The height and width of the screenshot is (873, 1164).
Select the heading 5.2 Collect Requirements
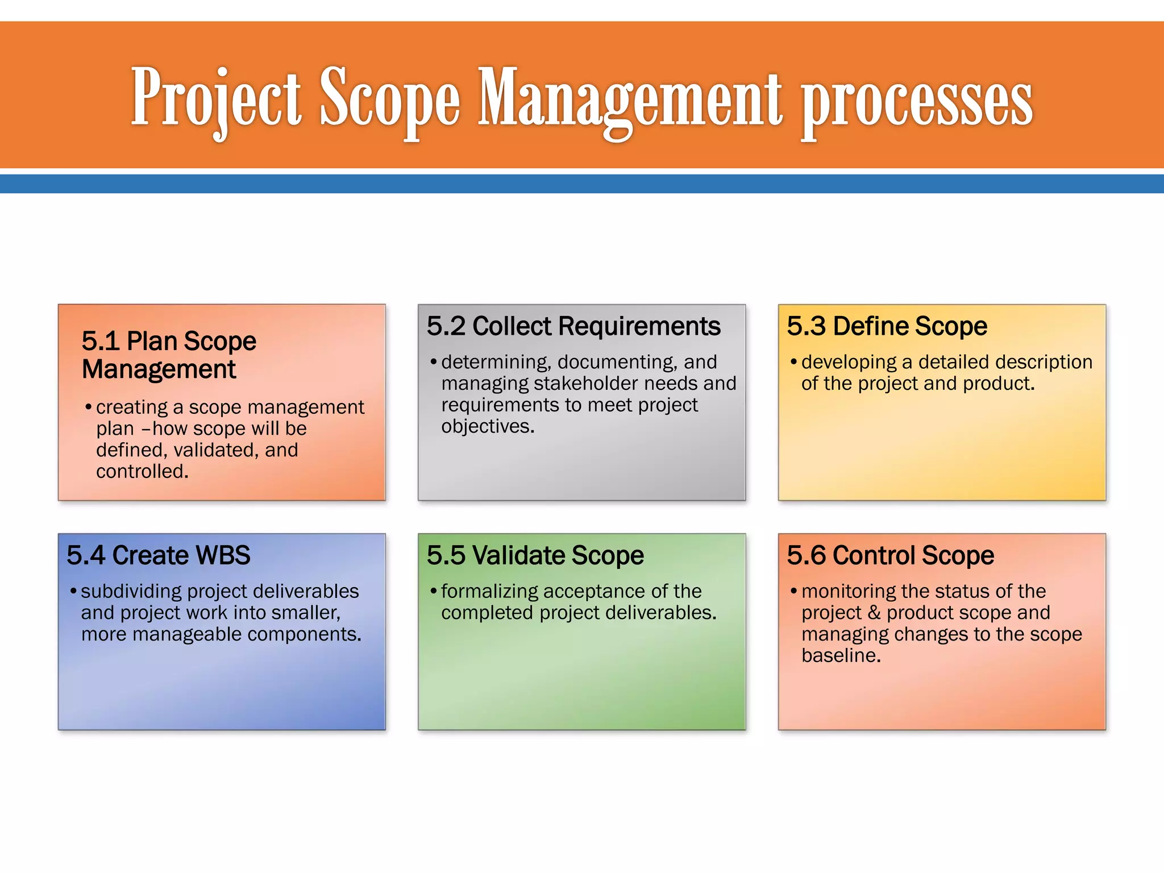tap(573, 326)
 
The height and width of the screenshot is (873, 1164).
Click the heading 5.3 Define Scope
tap(887, 326)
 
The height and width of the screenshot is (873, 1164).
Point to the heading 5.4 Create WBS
tap(158, 555)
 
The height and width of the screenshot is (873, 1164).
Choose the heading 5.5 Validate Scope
tap(535, 555)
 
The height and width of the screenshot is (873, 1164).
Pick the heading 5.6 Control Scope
tap(890, 555)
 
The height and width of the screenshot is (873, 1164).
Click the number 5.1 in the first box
tap(100, 341)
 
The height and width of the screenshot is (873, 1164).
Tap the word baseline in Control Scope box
tap(839, 656)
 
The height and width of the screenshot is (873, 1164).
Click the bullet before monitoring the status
tap(794, 591)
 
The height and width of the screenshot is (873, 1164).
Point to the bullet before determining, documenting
tap(434, 362)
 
